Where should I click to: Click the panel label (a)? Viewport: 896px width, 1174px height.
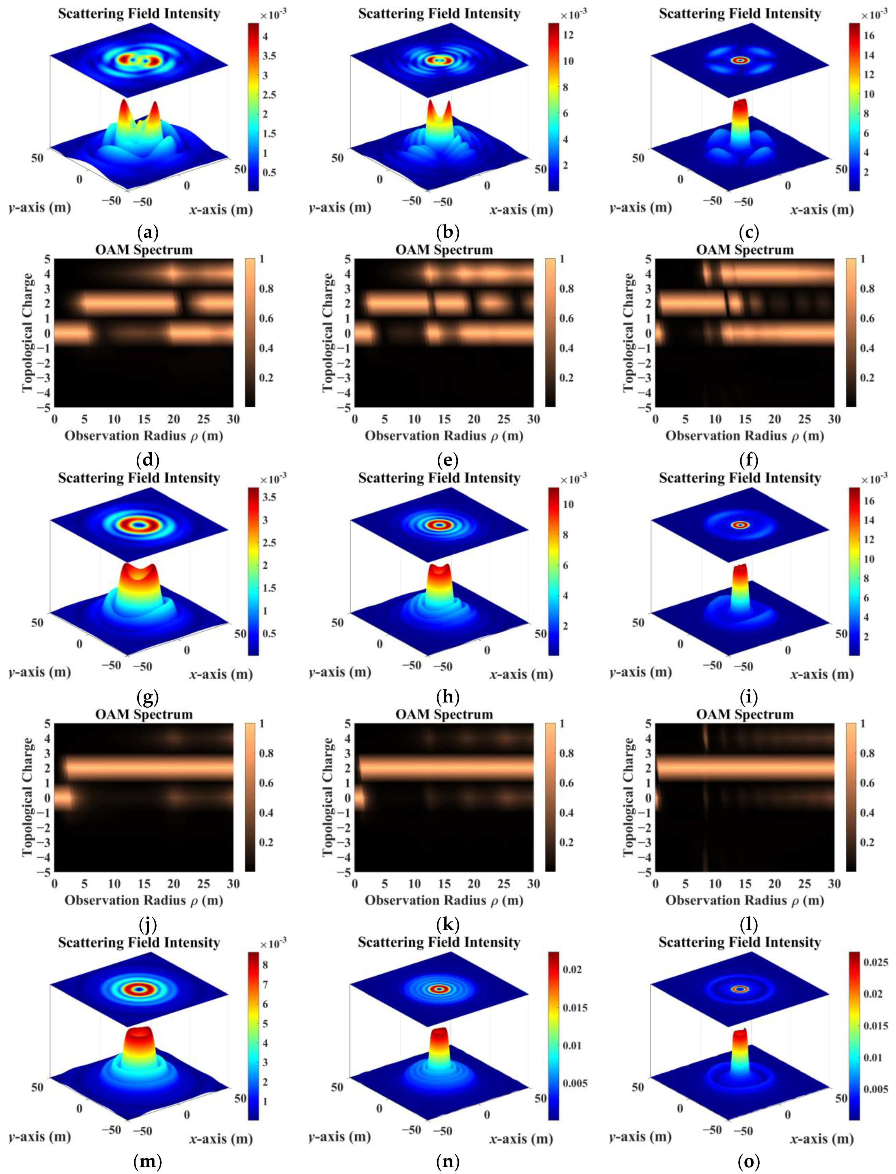[148, 232]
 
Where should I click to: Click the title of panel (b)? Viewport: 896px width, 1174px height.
[439, 13]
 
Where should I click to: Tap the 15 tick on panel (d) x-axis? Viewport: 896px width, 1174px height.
[144, 419]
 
